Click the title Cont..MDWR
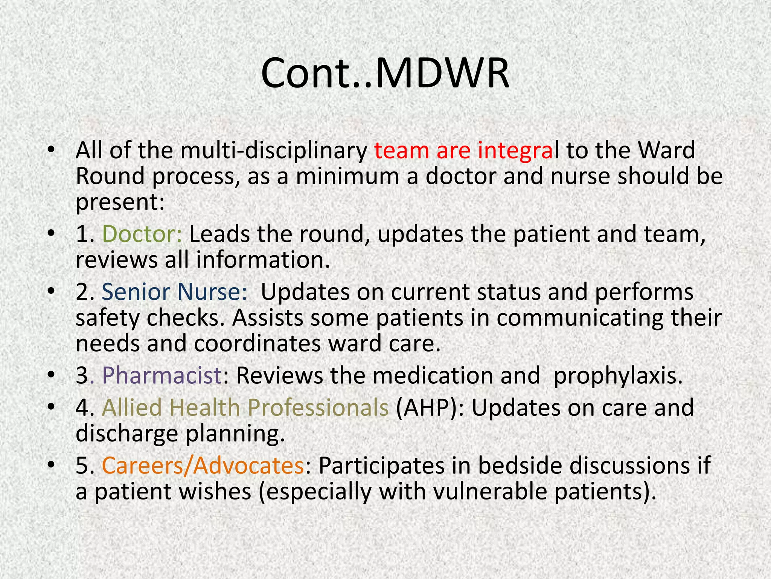385,74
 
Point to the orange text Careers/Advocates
203,465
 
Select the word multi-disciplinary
274,150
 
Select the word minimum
347,176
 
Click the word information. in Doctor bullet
263,260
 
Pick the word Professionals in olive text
318,408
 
